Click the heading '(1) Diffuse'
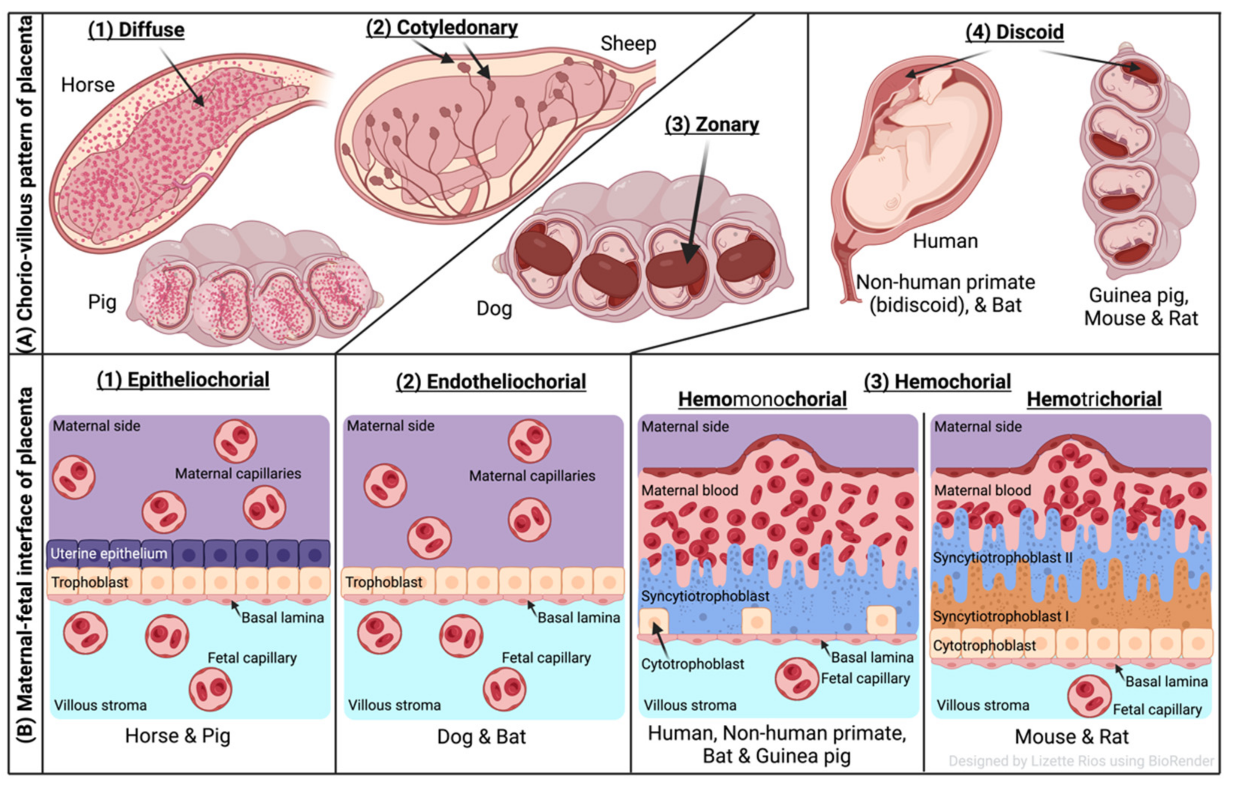click(136, 30)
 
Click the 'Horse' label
click(88, 85)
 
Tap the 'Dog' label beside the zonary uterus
click(494, 308)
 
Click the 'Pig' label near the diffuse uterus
click(102, 302)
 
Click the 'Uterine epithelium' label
click(109, 554)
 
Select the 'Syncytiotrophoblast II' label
click(1002, 558)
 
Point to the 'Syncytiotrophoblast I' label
click(1000, 616)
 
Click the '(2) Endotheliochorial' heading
click(491, 382)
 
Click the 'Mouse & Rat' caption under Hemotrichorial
click(1071, 737)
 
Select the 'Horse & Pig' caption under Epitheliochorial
click(178, 736)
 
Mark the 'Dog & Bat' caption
click(481, 737)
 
